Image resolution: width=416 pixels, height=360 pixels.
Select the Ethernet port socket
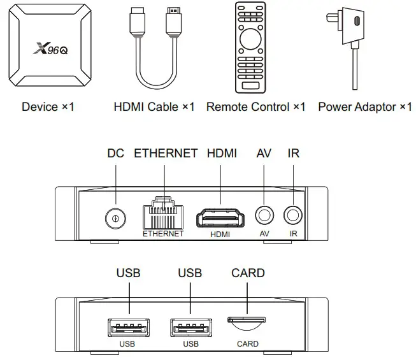click(163, 214)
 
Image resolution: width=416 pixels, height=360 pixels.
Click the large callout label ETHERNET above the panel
click(166, 154)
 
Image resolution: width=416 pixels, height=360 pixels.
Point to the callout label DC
click(115, 154)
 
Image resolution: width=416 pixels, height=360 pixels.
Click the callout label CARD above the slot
click(248, 273)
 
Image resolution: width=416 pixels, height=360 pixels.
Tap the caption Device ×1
click(48, 106)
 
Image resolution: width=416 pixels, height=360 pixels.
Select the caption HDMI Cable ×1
click(154, 106)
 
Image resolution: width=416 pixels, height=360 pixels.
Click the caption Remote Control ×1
click(256, 106)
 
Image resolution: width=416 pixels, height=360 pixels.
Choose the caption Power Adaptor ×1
click(365, 106)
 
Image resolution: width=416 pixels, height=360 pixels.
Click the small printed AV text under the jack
click(264, 234)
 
